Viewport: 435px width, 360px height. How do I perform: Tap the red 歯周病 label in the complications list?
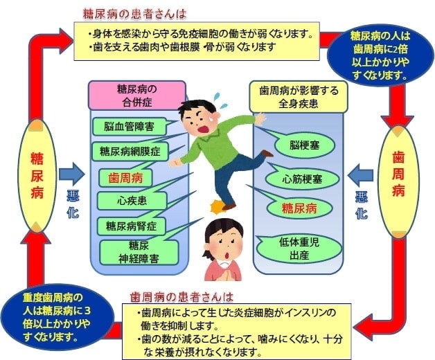click(x=125, y=177)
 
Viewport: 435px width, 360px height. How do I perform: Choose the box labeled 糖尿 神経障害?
click(x=134, y=251)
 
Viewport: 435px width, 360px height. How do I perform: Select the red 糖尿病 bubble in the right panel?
click(x=299, y=207)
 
